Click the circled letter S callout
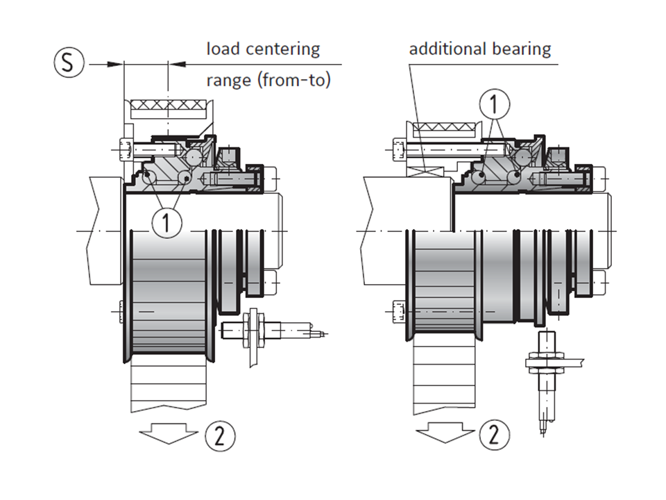point(67,63)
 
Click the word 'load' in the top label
point(223,49)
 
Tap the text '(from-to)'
point(294,80)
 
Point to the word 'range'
point(229,81)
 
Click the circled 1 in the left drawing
point(166,223)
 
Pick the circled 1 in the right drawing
point(493,104)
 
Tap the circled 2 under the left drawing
point(220,435)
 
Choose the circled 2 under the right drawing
point(493,435)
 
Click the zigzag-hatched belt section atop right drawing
point(444,128)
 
